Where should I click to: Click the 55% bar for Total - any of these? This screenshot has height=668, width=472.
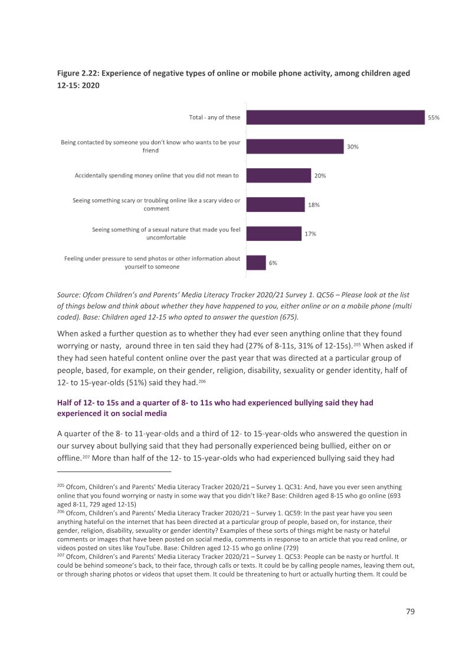[336, 117]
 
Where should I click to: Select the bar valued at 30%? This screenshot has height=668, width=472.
[295, 146]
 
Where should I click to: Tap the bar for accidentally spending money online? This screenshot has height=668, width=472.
[279, 175]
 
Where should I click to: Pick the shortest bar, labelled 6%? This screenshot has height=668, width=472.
[256, 263]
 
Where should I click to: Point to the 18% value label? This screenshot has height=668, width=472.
[314, 205]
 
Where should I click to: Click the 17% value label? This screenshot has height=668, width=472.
[310, 234]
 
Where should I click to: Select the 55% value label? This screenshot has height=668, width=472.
[434, 117]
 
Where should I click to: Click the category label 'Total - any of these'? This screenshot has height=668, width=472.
[215, 117]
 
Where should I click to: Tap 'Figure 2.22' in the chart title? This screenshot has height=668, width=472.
[78, 73]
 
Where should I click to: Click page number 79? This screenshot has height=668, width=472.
[410, 611]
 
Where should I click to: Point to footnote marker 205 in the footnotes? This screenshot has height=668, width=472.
[61, 486]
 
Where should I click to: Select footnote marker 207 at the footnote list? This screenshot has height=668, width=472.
[61, 555]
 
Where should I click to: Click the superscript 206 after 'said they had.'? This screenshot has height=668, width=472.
[202, 381]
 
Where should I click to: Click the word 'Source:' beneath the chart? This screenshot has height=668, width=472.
[68, 295]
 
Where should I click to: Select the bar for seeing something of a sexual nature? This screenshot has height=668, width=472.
[274, 234]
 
